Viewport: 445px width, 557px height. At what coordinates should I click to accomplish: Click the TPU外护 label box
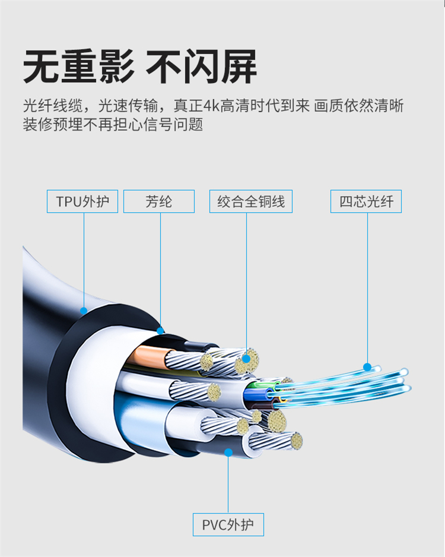82,201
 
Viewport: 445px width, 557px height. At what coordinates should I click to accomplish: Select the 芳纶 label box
159,201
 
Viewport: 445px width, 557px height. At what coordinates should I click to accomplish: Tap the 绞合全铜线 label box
251,201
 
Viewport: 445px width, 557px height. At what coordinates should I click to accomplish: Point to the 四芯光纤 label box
366,201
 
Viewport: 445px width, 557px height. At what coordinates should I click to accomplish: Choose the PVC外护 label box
228,525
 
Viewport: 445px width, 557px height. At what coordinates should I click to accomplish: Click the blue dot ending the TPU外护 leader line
84,310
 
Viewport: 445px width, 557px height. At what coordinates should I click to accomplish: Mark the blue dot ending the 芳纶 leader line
160,330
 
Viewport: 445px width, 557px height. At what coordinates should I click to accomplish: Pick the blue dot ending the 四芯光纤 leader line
367,366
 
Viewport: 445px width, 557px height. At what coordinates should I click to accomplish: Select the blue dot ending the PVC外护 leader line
228,452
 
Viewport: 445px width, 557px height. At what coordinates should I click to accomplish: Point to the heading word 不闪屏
202,67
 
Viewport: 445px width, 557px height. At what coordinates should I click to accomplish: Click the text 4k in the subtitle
211,107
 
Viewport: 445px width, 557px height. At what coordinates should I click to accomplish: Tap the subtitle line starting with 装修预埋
113,125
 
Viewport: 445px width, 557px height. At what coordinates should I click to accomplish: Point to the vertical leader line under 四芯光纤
367,285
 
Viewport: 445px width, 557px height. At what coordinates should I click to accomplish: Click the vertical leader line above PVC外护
228,484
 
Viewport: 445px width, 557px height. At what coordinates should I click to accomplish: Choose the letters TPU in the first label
68,201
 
